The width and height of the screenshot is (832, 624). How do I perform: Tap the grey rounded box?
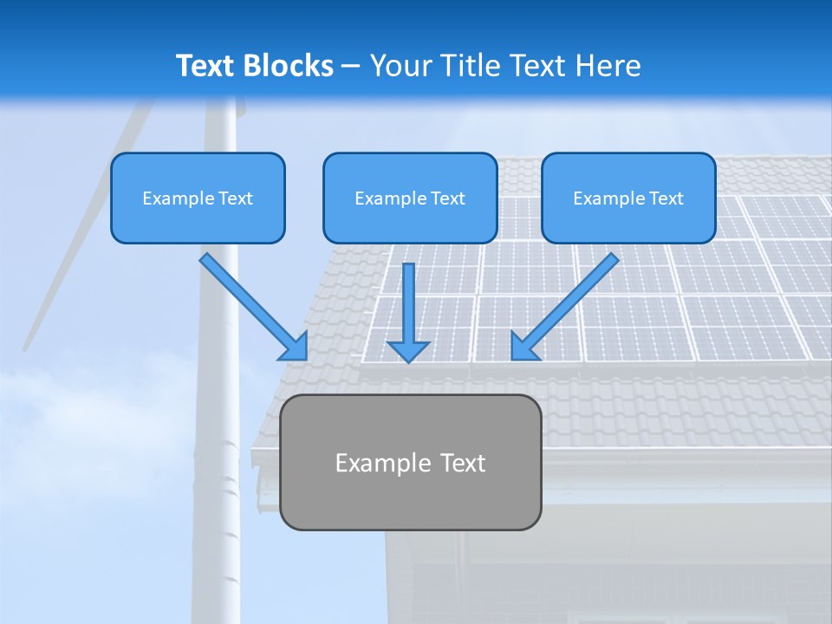tap(410, 503)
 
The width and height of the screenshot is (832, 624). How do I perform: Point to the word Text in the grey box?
tap(463, 463)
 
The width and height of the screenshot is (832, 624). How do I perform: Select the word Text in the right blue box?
tap(666, 198)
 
